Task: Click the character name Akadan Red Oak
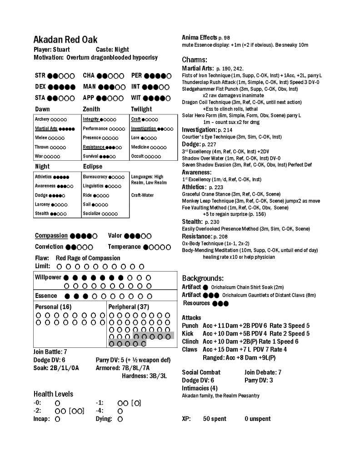(x=65, y=40)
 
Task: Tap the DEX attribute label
(x=40, y=87)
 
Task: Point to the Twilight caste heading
(x=141, y=109)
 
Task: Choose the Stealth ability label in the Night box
(x=42, y=213)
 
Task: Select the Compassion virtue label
(x=51, y=236)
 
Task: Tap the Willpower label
(x=48, y=277)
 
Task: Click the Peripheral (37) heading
(x=129, y=307)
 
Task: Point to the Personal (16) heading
(x=53, y=307)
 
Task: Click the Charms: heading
(x=195, y=59)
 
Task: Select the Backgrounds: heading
(x=203, y=278)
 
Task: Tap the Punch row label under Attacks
(x=190, y=326)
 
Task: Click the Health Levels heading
(x=53, y=394)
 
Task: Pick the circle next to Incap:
(x=57, y=420)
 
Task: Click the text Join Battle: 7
(x=50, y=351)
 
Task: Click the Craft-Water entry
(x=142, y=195)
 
